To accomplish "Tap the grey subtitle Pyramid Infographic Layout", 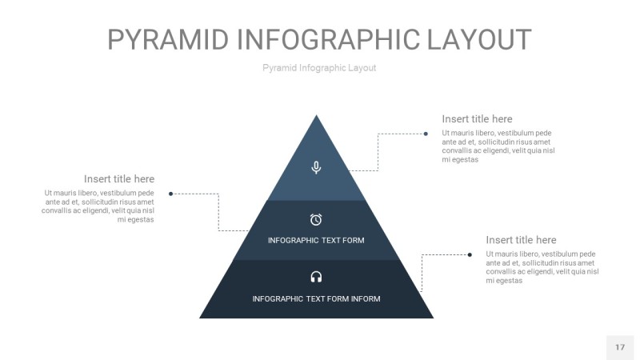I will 319,68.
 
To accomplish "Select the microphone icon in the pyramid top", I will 316,167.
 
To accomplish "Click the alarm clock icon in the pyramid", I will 316,219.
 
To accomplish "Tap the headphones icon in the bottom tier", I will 316,277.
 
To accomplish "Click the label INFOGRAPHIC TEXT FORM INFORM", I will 316,299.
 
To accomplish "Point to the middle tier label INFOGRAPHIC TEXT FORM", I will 316,241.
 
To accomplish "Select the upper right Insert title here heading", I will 477,119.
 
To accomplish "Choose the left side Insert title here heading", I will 119,179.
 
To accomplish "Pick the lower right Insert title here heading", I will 521,240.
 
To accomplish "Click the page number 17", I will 620,347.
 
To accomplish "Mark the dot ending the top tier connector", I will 426,134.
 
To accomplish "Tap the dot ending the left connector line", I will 171,194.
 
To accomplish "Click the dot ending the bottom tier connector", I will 470,254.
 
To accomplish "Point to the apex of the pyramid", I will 317,117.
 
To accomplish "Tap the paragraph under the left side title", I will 98,206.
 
